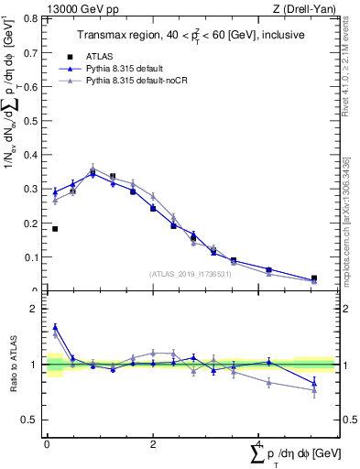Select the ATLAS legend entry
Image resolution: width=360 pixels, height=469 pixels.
point(108,56)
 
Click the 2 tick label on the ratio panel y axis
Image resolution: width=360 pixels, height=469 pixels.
point(35,309)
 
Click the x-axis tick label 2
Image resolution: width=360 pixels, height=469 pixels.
point(152,444)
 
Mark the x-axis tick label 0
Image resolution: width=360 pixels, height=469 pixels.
point(47,444)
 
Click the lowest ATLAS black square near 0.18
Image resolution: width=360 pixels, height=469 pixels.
point(55,229)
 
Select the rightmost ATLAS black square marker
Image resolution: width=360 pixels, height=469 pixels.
point(314,278)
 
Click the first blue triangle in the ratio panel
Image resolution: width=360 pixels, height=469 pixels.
point(55,327)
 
